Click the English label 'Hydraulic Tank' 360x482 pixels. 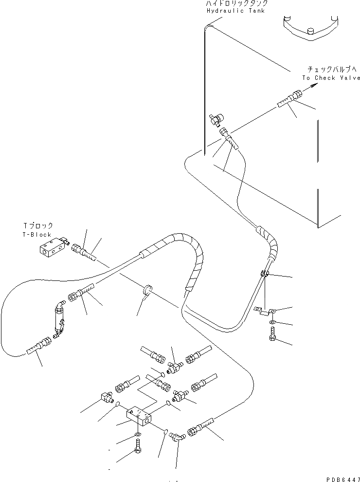[235, 11]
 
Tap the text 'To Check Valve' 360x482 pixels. [331, 78]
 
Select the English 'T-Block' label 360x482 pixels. [37, 234]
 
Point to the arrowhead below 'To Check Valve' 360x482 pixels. [314, 86]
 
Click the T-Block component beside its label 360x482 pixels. [51, 248]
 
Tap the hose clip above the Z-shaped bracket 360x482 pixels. [263, 276]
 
